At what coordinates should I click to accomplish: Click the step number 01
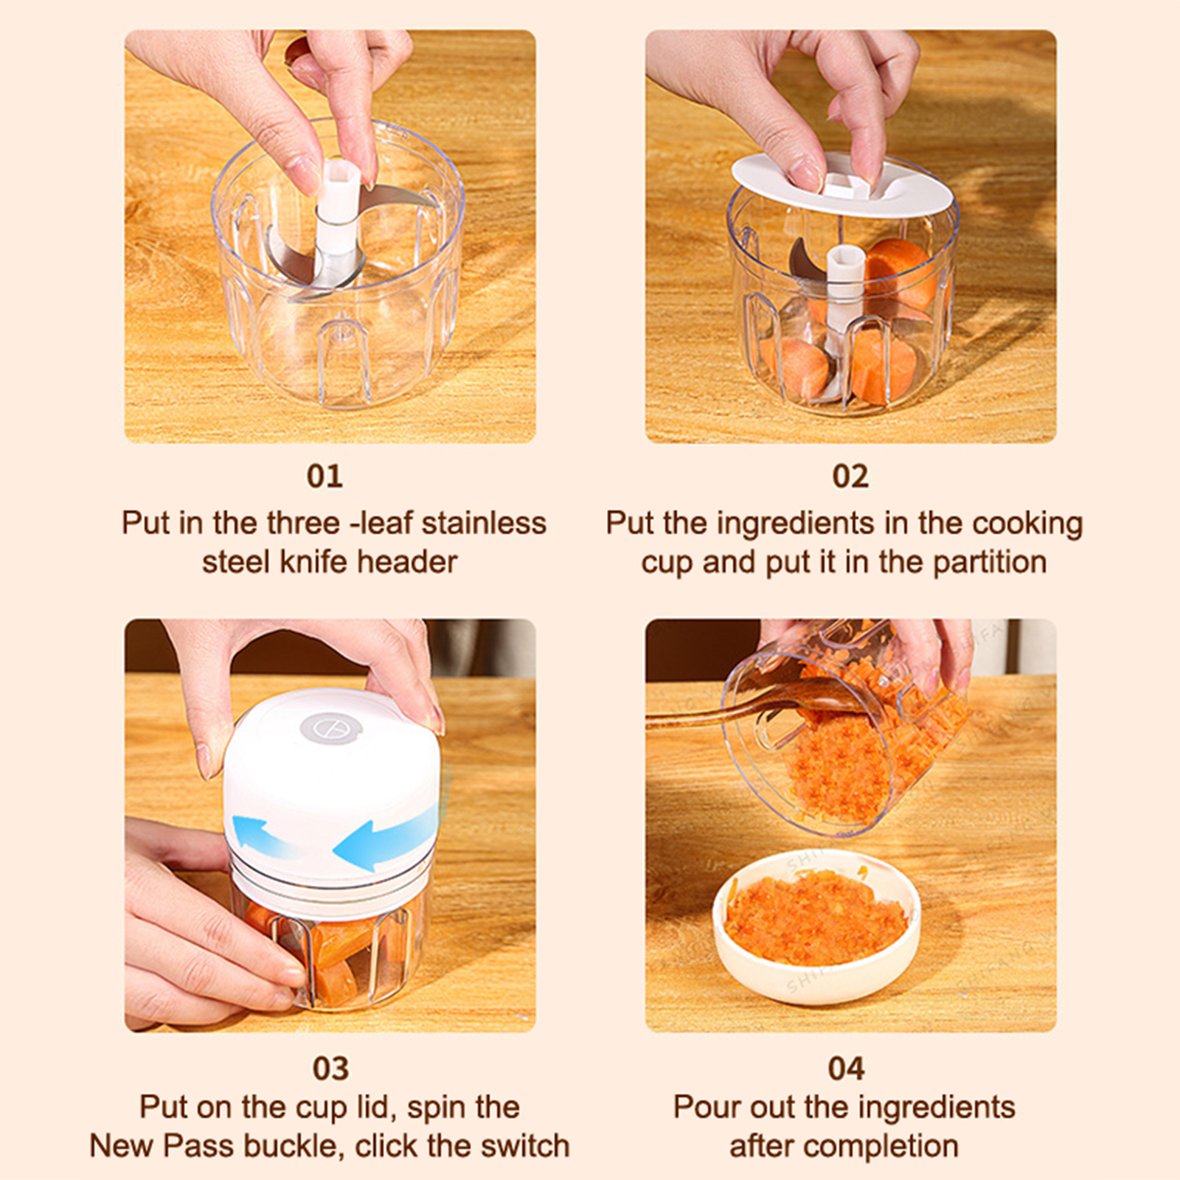coord(324,476)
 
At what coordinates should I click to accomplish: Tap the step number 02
coord(850,476)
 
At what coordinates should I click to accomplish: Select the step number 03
coord(330,1069)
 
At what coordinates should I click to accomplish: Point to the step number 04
coord(846,1069)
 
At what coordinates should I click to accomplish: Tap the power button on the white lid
coord(330,729)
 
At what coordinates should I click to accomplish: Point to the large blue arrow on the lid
coord(383,834)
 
